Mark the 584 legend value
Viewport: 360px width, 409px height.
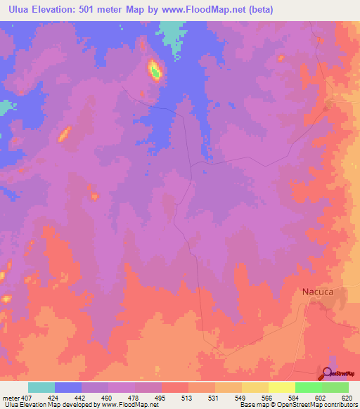pos(282,397)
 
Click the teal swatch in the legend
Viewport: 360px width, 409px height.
pos(41,387)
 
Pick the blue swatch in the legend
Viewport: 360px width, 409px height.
pos(68,387)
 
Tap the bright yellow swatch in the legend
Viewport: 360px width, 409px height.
pos(281,387)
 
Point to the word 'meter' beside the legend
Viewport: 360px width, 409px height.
pos(11,397)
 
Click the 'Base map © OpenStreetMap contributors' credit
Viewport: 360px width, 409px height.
pos(298,405)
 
